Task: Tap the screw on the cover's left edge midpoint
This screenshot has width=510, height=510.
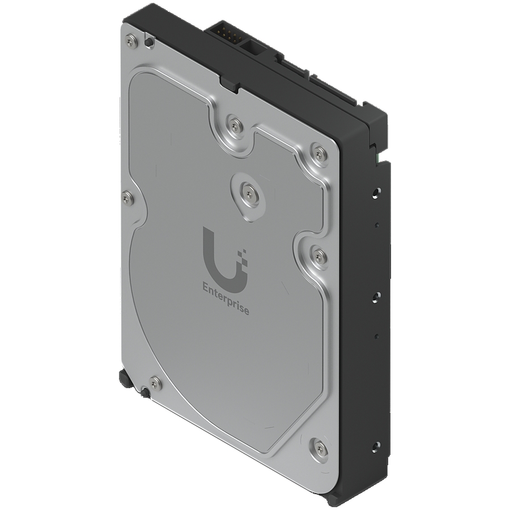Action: coord(128,197)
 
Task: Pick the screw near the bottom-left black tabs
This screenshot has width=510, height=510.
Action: coord(155,383)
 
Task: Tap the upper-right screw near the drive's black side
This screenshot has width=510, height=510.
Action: coord(320,152)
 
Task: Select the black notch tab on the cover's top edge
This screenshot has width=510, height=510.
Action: coord(229,85)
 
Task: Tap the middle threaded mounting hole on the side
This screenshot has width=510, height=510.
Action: coord(375,295)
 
